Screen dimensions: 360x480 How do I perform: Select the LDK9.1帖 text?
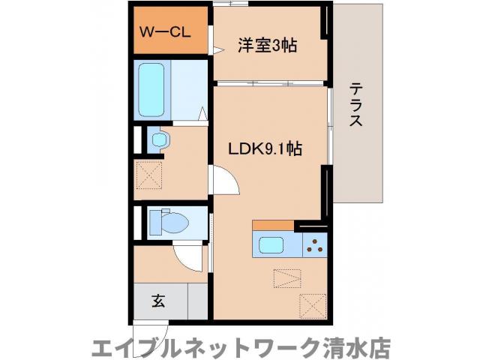pyautogui.click(x=265, y=149)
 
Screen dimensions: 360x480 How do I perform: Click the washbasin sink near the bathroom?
pyautogui.click(x=160, y=139)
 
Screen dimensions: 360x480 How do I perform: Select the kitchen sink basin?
pyautogui.click(x=271, y=245)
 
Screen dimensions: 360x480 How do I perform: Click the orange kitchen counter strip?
pyautogui.click(x=273, y=225)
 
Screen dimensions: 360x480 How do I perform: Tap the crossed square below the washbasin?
pyautogui.click(x=148, y=177)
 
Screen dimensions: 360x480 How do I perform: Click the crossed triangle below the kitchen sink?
pyautogui.click(x=284, y=279)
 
